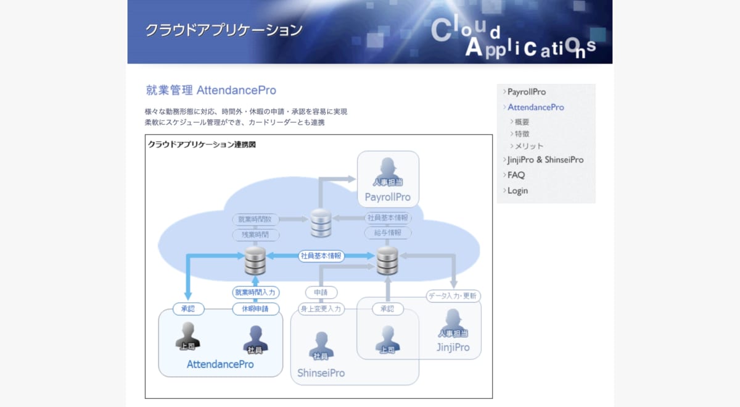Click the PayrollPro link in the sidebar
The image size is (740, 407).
(x=526, y=92)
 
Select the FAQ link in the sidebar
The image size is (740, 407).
(x=516, y=175)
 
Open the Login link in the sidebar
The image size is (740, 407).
(x=517, y=191)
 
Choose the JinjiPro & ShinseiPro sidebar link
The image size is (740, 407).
(x=545, y=160)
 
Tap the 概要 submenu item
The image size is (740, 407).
(x=522, y=122)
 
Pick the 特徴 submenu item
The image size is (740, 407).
(x=522, y=134)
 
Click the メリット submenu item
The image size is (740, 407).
(x=528, y=146)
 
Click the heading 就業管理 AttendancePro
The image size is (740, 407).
(x=211, y=90)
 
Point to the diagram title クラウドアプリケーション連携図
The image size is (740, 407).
(x=202, y=145)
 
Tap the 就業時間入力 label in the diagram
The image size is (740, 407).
(x=256, y=292)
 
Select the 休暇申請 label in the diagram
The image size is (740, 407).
(x=256, y=309)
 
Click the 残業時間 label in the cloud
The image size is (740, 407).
(x=256, y=235)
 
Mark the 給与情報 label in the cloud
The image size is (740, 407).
(x=387, y=233)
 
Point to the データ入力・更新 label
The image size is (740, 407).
(x=453, y=296)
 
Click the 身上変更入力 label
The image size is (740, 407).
(x=321, y=309)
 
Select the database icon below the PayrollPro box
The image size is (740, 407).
(x=321, y=223)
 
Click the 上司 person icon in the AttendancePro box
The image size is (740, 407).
(x=187, y=337)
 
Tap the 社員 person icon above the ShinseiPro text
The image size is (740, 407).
(x=321, y=346)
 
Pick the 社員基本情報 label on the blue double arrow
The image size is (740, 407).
(x=321, y=256)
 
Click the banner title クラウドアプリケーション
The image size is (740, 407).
(x=224, y=30)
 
